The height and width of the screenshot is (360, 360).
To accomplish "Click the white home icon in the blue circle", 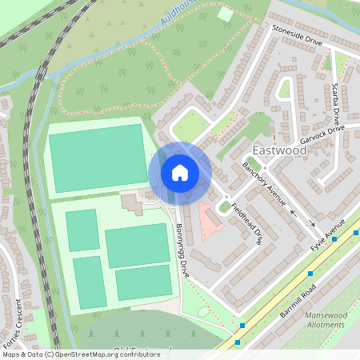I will point(180,172).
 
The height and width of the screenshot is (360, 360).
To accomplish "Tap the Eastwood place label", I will point(278,151).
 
